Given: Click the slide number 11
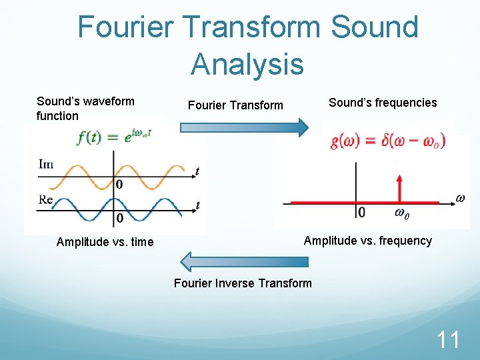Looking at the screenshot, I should coord(447,340).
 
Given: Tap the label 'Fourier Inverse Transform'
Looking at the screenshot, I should coord(243,283).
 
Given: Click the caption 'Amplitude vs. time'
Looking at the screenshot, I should coord(105,242).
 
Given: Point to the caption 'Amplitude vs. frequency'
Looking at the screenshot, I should coord(368,241).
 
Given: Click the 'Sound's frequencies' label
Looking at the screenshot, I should coord(383,103).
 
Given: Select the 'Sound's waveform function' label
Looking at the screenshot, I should coord(85,109).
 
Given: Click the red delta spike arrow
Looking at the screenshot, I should coord(400,187).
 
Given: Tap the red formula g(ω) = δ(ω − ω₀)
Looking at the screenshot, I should coord(387,141).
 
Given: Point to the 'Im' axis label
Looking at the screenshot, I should coord(46,164).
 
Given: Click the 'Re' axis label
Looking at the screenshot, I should coord(46,199).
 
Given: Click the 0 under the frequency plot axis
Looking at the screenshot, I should coord(361,213).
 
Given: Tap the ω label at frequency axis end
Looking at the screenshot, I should coord(459,197).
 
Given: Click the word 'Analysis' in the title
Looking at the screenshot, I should coord(247,65).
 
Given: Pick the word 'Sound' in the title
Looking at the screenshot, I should coord(374,27).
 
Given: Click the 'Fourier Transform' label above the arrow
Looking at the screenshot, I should coord(235,105).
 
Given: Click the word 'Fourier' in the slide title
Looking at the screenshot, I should coord(127,27).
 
